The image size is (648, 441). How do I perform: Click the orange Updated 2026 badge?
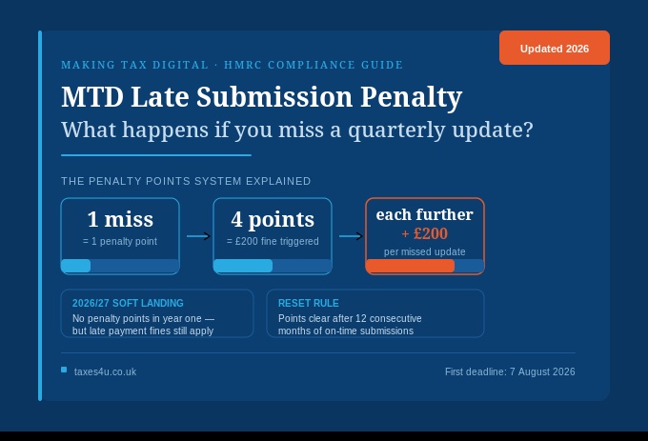(554, 49)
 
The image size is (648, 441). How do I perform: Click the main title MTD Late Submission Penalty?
(261, 97)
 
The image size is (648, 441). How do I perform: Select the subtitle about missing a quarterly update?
(296, 130)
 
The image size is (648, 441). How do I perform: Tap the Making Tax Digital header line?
(232, 65)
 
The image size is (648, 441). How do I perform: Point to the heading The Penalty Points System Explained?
(186, 181)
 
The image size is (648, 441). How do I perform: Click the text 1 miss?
(120, 219)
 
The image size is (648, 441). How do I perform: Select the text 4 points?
(273, 219)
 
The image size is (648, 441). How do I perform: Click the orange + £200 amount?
(424, 233)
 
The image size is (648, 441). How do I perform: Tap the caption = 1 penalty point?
(120, 242)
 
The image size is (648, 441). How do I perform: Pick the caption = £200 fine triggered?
(273, 242)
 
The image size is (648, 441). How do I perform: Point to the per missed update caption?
(425, 251)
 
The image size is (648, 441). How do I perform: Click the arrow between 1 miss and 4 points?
(197, 236)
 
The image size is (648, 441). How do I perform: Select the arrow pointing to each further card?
(350, 236)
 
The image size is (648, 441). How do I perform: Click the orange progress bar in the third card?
(411, 266)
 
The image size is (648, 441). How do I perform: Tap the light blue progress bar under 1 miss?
(76, 266)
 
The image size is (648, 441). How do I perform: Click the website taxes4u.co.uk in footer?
(105, 371)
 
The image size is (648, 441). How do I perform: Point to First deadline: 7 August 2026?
(510, 371)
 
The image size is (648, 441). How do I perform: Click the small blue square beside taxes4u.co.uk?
(64, 370)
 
